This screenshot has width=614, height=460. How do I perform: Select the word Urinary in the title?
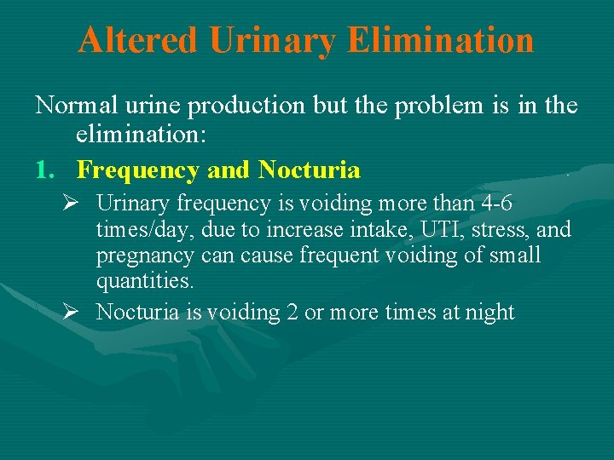(264, 39)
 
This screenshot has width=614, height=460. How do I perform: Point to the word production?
(246, 106)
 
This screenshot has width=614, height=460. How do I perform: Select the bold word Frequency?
(140, 170)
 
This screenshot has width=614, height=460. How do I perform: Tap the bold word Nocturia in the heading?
(309, 170)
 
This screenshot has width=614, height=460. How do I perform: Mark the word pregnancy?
(141, 256)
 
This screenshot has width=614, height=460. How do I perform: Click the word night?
(489, 313)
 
